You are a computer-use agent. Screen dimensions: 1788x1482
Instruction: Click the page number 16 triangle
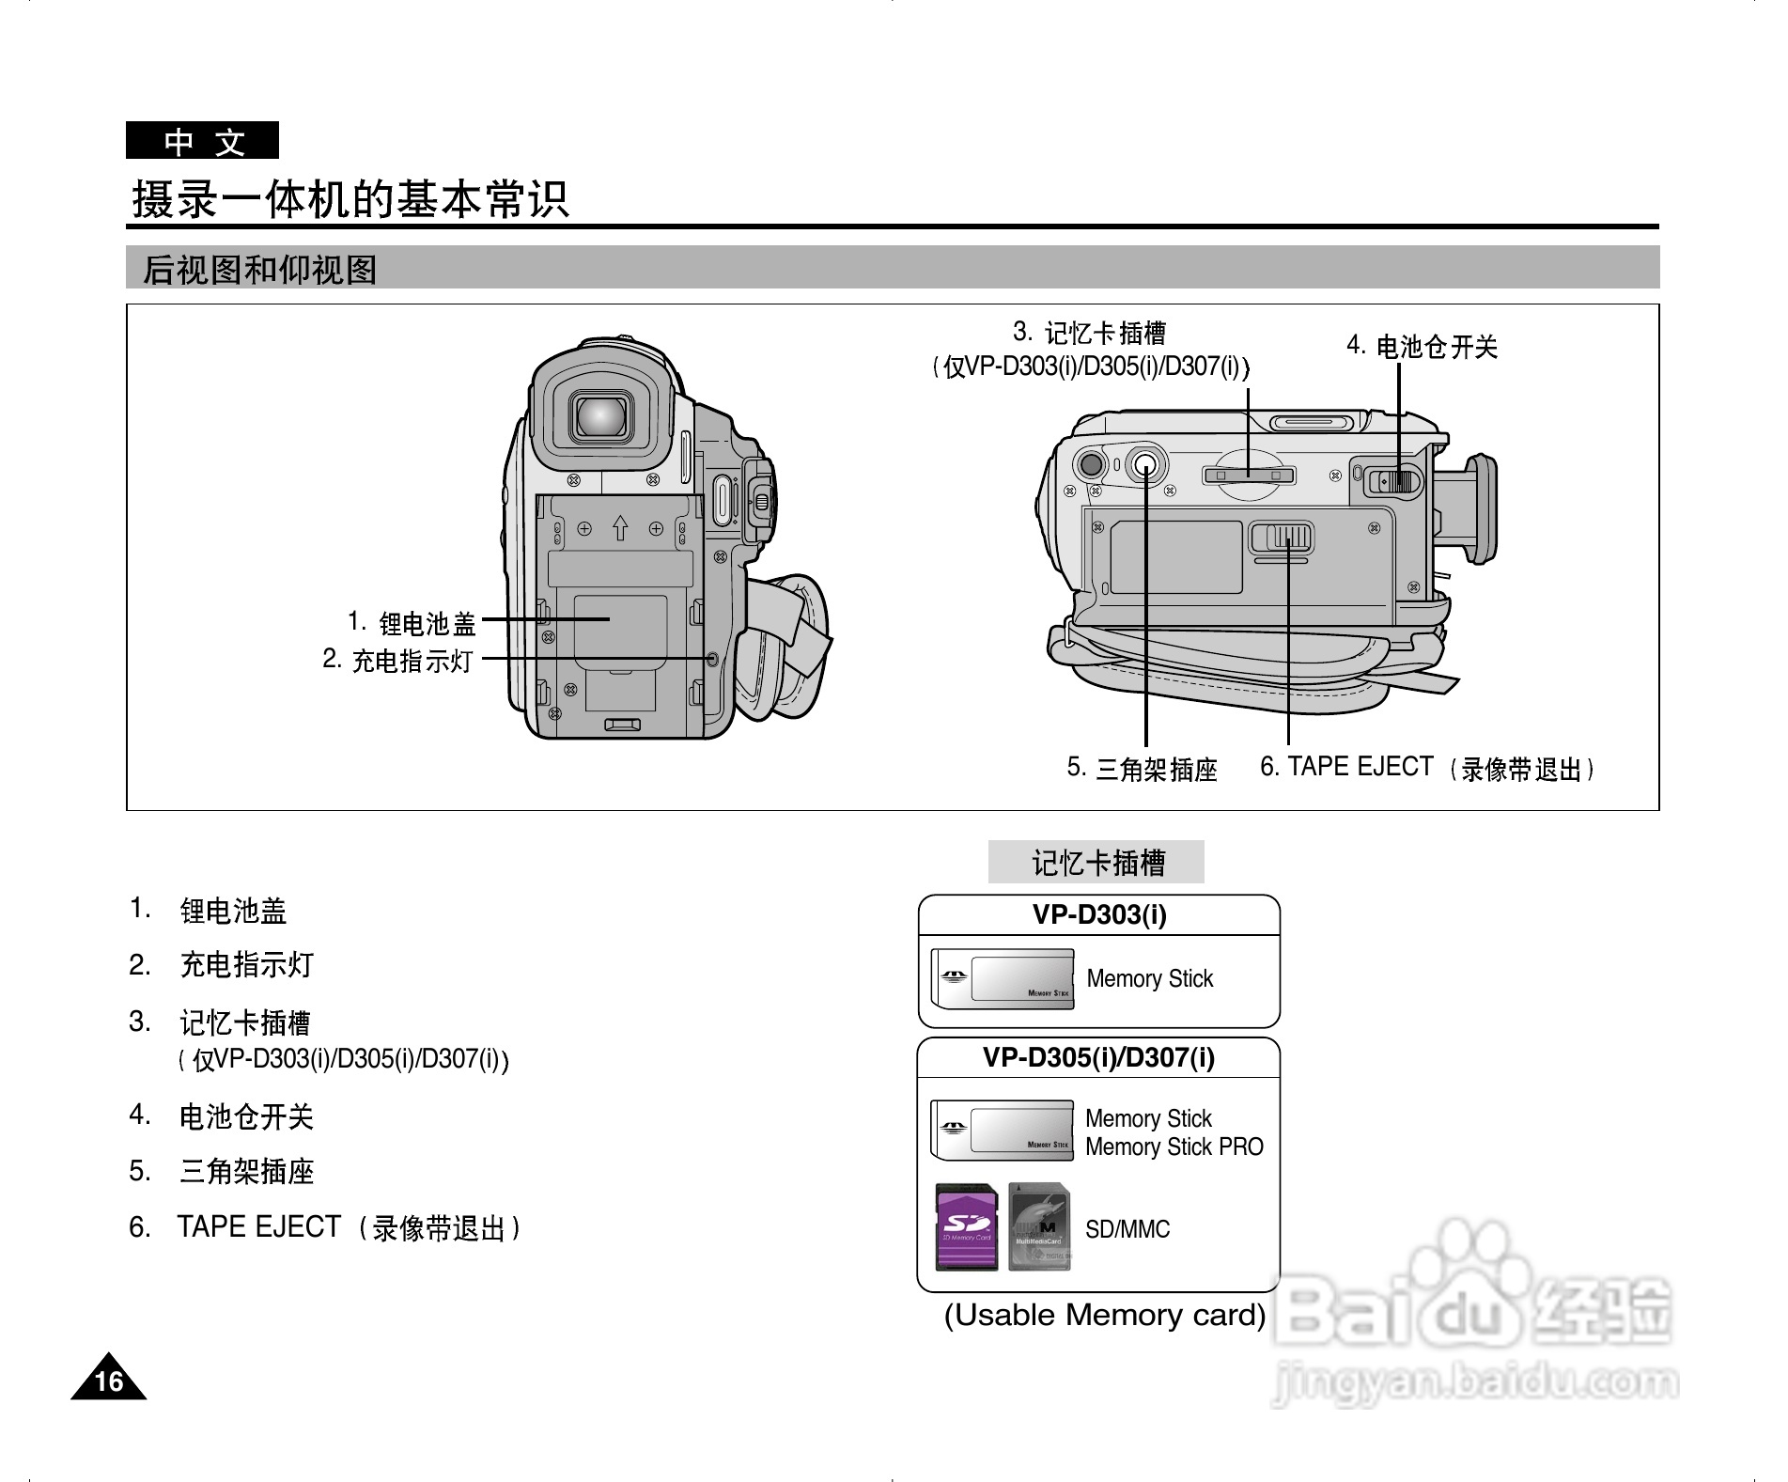109,1380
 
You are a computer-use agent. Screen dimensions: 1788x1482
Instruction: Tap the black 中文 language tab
203,142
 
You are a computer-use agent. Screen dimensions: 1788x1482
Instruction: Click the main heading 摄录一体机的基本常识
350,199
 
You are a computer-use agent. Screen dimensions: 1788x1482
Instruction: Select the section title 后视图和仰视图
259,271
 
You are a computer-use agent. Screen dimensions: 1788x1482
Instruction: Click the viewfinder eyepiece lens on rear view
601,415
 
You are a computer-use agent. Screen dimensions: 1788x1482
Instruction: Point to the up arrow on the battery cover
620,528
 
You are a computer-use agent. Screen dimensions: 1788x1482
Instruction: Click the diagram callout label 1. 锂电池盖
412,623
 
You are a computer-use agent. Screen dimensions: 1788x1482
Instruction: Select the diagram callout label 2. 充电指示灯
398,660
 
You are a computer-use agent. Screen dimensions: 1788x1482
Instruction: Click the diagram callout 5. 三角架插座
1143,769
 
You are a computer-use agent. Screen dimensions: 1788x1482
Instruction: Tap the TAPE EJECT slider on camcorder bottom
1282,538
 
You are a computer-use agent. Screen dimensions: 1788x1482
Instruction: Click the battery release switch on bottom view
1394,481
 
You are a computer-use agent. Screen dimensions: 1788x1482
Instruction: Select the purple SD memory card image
967,1227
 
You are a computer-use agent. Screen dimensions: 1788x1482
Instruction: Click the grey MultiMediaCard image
1039,1227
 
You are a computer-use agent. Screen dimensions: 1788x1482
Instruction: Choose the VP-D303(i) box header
1099,914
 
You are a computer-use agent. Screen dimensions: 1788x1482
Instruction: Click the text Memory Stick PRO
1174,1147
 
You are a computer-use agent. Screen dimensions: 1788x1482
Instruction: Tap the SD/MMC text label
1127,1229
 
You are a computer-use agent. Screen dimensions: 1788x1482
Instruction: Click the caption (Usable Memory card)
1105,1315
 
